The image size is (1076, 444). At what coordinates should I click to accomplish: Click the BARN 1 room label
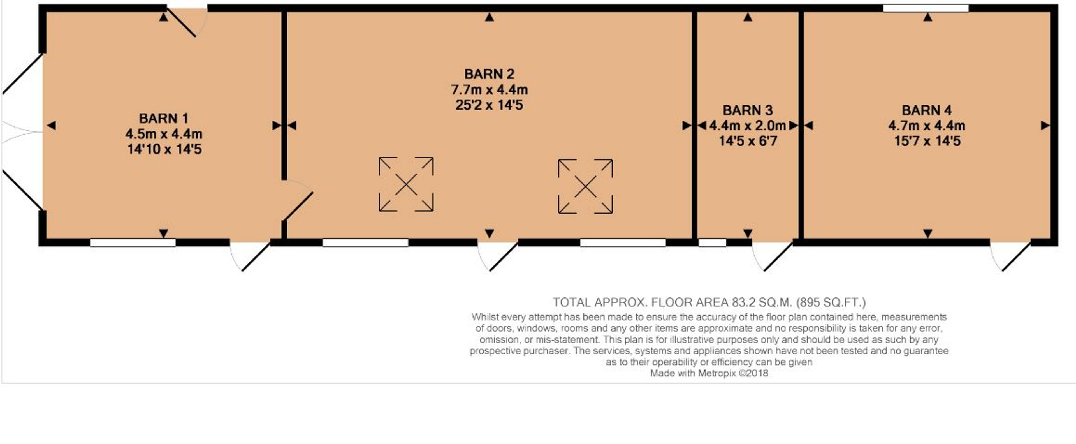(x=163, y=118)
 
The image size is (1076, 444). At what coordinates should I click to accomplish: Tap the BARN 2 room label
(x=489, y=74)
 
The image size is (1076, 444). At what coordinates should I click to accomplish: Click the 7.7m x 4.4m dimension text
(x=489, y=89)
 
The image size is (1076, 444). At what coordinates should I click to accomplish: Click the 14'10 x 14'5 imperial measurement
(x=164, y=149)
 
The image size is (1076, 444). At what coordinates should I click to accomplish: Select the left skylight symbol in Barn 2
(x=406, y=184)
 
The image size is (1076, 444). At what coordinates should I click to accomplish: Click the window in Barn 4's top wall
(x=926, y=8)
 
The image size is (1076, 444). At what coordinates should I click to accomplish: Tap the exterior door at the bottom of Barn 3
(x=772, y=256)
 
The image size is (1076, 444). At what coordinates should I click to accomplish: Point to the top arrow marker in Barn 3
(x=748, y=17)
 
